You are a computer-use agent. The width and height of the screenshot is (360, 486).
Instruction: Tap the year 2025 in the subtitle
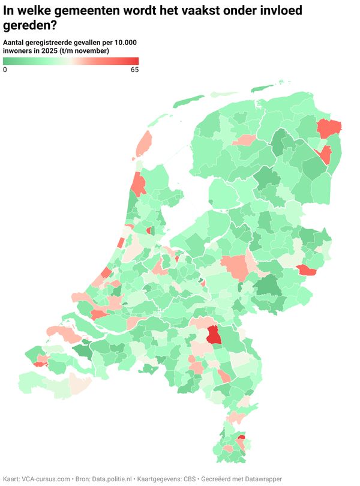(55, 51)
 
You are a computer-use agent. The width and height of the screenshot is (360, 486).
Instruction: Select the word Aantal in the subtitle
(14, 43)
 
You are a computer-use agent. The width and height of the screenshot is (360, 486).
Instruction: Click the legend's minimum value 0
(5, 70)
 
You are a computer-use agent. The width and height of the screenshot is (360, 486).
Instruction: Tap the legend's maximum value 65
(134, 70)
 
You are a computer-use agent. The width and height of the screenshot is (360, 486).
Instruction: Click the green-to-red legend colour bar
(71, 61)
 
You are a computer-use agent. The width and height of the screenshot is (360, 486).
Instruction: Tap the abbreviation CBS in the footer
(190, 479)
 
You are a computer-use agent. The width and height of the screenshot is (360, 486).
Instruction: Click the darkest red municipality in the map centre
(214, 336)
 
